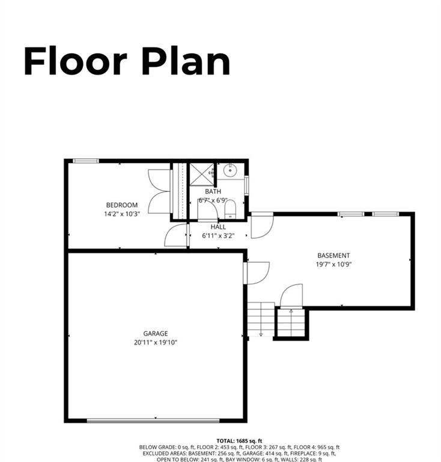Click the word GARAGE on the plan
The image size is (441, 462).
[155, 333]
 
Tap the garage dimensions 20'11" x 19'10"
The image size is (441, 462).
[155, 342]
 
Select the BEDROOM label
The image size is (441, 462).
[122, 205]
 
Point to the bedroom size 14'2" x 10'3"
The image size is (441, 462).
[122, 214]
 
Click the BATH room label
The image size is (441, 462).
[213, 192]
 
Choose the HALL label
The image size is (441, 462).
[218, 227]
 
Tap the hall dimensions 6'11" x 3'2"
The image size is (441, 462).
[218, 236]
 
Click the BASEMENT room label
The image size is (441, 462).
[333, 256]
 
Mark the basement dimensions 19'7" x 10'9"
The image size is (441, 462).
[333, 264]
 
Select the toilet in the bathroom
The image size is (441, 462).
[230, 209]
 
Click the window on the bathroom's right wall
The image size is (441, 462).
[246, 186]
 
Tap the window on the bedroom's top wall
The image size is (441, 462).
[86, 161]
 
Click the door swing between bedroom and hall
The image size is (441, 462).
[175, 235]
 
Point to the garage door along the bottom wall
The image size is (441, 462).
[156, 420]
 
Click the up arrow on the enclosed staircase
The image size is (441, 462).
[291, 312]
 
